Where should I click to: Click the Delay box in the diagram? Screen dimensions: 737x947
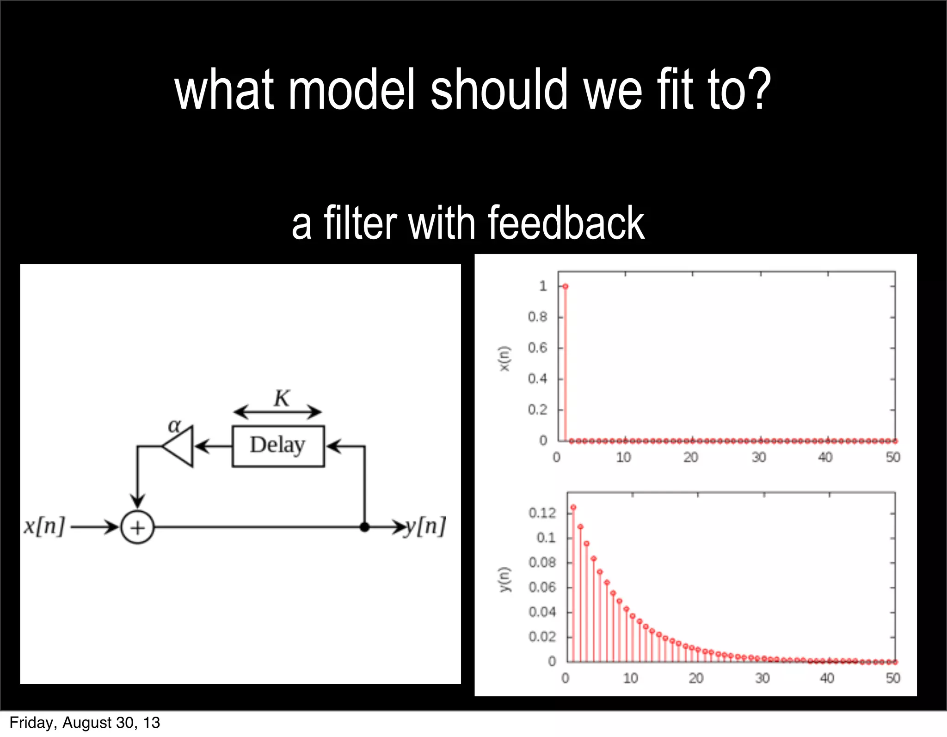[x=278, y=446]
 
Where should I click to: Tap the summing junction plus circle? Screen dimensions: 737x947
[x=137, y=527]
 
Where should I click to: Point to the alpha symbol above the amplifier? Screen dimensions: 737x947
[x=174, y=425]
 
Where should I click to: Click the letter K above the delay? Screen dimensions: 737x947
[x=282, y=398]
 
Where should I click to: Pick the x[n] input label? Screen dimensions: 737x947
[x=44, y=526]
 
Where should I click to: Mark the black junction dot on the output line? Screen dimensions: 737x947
[x=364, y=527]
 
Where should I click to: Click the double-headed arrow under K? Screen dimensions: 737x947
[x=277, y=412]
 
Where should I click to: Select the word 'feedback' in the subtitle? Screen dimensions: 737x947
[x=566, y=223]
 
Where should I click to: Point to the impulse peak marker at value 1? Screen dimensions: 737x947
[x=565, y=286]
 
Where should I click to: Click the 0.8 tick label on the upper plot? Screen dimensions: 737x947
[x=537, y=317]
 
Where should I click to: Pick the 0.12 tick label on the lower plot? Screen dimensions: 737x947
[x=542, y=513]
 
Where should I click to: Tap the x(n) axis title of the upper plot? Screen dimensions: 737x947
[x=504, y=359]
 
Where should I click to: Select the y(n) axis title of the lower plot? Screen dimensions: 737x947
[x=504, y=579]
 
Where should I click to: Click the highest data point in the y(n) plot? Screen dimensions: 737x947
[x=573, y=508]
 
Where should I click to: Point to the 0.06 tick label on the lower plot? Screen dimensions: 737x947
[x=542, y=587]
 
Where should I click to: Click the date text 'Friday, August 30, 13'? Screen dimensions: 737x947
[x=85, y=723]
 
